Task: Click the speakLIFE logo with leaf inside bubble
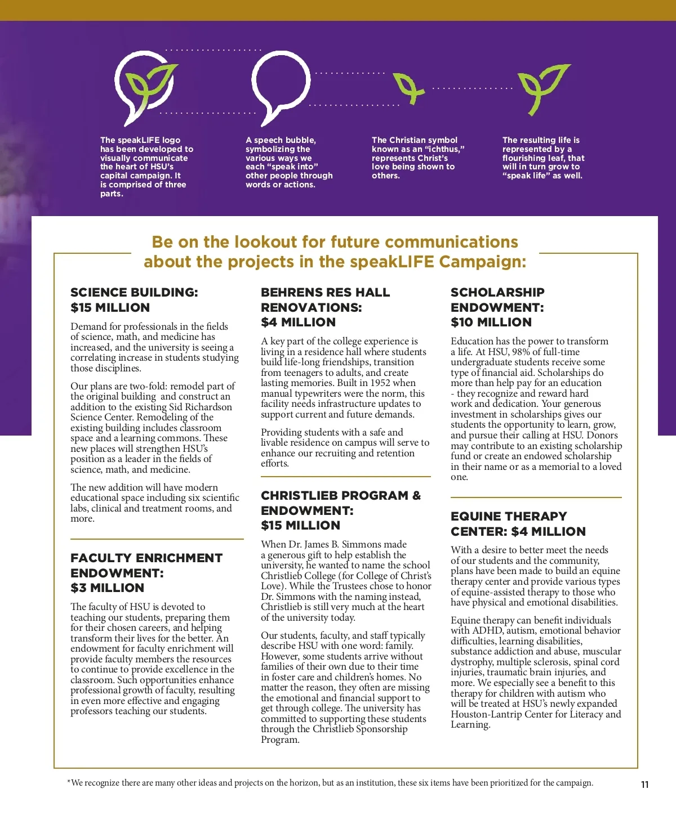(x=144, y=87)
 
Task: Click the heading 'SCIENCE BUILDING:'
(x=134, y=293)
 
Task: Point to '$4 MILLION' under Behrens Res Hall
(x=298, y=322)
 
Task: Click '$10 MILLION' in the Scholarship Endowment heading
(x=491, y=322)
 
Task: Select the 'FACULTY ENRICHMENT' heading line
(x=146, y=558)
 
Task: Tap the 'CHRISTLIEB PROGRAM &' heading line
(x=340, y=496)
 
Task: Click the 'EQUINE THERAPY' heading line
(x=509, y=517)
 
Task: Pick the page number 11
(x=645, y=785)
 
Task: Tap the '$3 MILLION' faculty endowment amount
(x=107, y=588)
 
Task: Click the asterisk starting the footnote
(x=69, y=782)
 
